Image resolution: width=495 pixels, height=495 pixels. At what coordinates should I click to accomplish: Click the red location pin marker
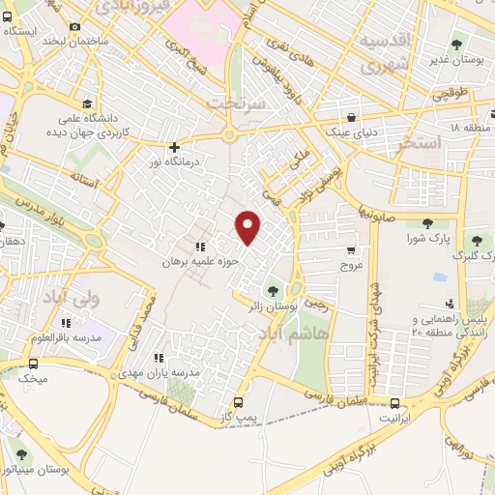248,225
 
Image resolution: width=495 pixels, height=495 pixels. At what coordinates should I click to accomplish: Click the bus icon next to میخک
34,364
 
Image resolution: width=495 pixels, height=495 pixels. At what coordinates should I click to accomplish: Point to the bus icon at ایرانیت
394,402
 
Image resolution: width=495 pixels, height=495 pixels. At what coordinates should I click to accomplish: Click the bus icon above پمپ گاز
240,401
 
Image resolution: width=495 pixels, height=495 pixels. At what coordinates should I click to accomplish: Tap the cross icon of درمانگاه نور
174,148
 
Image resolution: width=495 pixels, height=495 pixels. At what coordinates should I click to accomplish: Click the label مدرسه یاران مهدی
163,372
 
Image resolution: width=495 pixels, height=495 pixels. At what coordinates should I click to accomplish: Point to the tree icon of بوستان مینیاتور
21,453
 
